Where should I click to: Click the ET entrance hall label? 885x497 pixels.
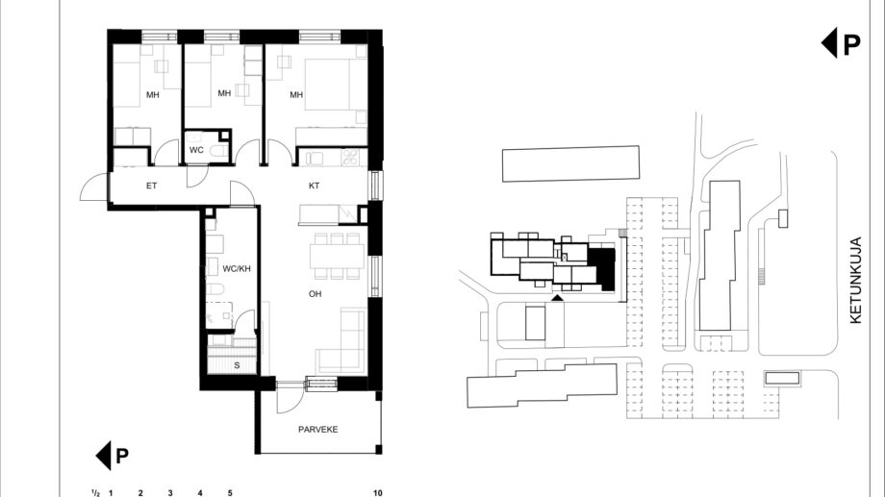pyautogui.click(x=151, y=186)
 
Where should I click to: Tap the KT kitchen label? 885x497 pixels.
pyautogui.click(x=315, y=186)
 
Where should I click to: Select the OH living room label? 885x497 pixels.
pyautogui.click(x=315, y=294)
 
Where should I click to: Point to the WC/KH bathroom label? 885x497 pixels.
pyautogui.click(x=237, y=269)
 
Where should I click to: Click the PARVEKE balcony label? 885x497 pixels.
pyautogui.click(x=318, y=430)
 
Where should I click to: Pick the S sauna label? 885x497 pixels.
pyautogui.click(x=237, y=365)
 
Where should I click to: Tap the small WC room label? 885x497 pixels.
pyautogui.click(x=196, y=150)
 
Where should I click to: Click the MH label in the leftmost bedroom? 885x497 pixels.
pyautogui.click(x=152, y=95)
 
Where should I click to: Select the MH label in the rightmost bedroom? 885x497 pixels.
pyautogui.click(x=296, y=95)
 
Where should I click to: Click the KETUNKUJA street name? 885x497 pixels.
pyautogui.click(x=855, y=280)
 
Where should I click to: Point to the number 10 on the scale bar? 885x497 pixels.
pyautogui.click(x=378, y=492)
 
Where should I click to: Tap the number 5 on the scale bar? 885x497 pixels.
pyautogui.click(x=230, y=492)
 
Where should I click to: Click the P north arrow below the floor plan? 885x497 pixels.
pyautogui.click(x=113, y=456)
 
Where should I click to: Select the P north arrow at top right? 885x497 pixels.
pyautogui.click(x=841, y=43)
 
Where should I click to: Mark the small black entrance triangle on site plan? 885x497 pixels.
pyautogui.click(x=557, y=297)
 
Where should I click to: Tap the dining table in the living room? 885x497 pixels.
pyautogui.click(x=337, y=256)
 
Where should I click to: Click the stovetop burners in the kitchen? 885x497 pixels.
pyautogui.click(x=349, y=157)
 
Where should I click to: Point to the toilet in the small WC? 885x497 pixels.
pyautogui.click(x=217, y=151)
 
